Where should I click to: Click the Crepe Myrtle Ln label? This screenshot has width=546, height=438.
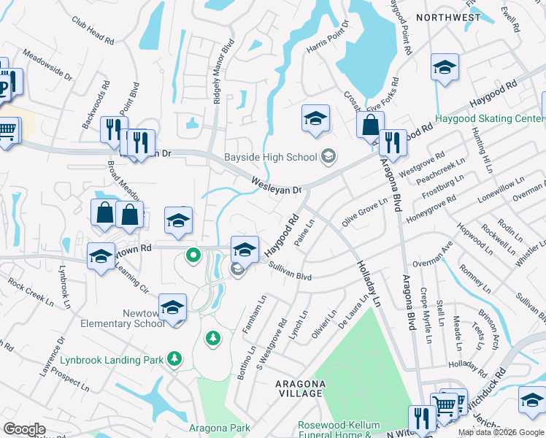point(425,315)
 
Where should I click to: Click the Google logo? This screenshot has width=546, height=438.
point(24,429)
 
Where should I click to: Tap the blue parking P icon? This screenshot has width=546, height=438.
point(4,88)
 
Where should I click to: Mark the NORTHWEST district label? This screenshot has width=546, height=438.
point(448,17)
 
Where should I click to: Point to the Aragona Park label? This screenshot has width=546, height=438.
point(220,429)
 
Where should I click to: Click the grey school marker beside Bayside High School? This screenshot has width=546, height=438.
point(328,156)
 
